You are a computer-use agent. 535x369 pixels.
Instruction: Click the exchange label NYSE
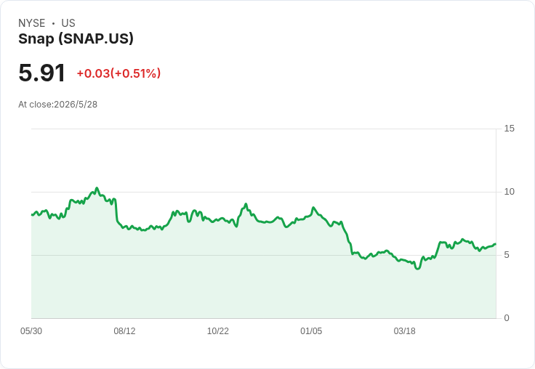pyautogui.click(x=31, y=23)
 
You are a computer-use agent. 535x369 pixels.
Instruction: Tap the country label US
pyautogui.click(x=68, y=23)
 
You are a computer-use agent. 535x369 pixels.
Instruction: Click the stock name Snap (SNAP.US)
pyautogui.click(x=76, y=38)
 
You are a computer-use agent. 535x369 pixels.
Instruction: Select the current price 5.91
pyautogui.click(x=41, y=73)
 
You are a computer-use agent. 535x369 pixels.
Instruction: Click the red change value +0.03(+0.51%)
pyautogui.click(x=118, y=73)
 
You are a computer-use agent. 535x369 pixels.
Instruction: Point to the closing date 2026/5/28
pyautogui.click(x=76, y=105)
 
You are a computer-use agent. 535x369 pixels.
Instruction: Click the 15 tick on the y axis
pyautogui.click(x=509, y=129)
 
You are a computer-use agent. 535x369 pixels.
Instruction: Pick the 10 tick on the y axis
pyautogui.click(x=509, y=192)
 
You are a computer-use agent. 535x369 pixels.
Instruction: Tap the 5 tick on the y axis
pyautogui.click(x=507, y=255)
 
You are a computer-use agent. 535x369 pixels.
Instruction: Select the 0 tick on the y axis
pyautogui.click(x=507, y=318)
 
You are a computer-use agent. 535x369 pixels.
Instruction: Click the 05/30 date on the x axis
pyautogui.click(x=31, y=331)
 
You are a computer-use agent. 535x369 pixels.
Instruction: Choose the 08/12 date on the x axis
pyautogui.click(x=124, y=331)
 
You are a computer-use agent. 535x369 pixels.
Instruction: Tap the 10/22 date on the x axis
pyautogui.click(x=218, y=331)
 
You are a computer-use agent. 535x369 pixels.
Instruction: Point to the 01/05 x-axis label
pyautogui.click(x=311, y=331)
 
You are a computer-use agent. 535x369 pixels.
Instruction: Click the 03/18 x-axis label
pyautogui.click(x=405, y=331)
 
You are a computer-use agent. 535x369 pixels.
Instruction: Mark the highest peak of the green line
pyautogui.click(x=97, y=188)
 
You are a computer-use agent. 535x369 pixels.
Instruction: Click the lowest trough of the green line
pyautogui.click(x=418, y=269)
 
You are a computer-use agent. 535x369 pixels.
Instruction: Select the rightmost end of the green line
pyautogui.click(x=496, y=244)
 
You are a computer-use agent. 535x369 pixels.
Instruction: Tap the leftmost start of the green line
pyautogui.click(x=32, y=215)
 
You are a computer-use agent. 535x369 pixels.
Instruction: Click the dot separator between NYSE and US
pyautogui.click(x=53, y=23)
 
